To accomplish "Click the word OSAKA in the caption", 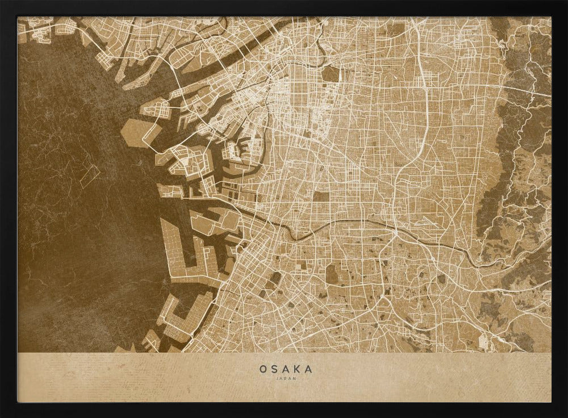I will coord(286,369).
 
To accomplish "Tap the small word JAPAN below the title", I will coord(286,378).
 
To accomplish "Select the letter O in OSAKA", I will coord(264,369).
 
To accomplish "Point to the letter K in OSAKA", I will coord(297,369).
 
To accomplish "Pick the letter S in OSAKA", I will coord(275,369).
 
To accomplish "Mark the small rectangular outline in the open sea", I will coord(90,177).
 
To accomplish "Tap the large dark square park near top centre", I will coord(331,74).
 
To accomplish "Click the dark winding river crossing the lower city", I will coord(318,227).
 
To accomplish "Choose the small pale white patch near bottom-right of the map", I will coord(484,341).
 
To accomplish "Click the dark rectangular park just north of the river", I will coord(321,197).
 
